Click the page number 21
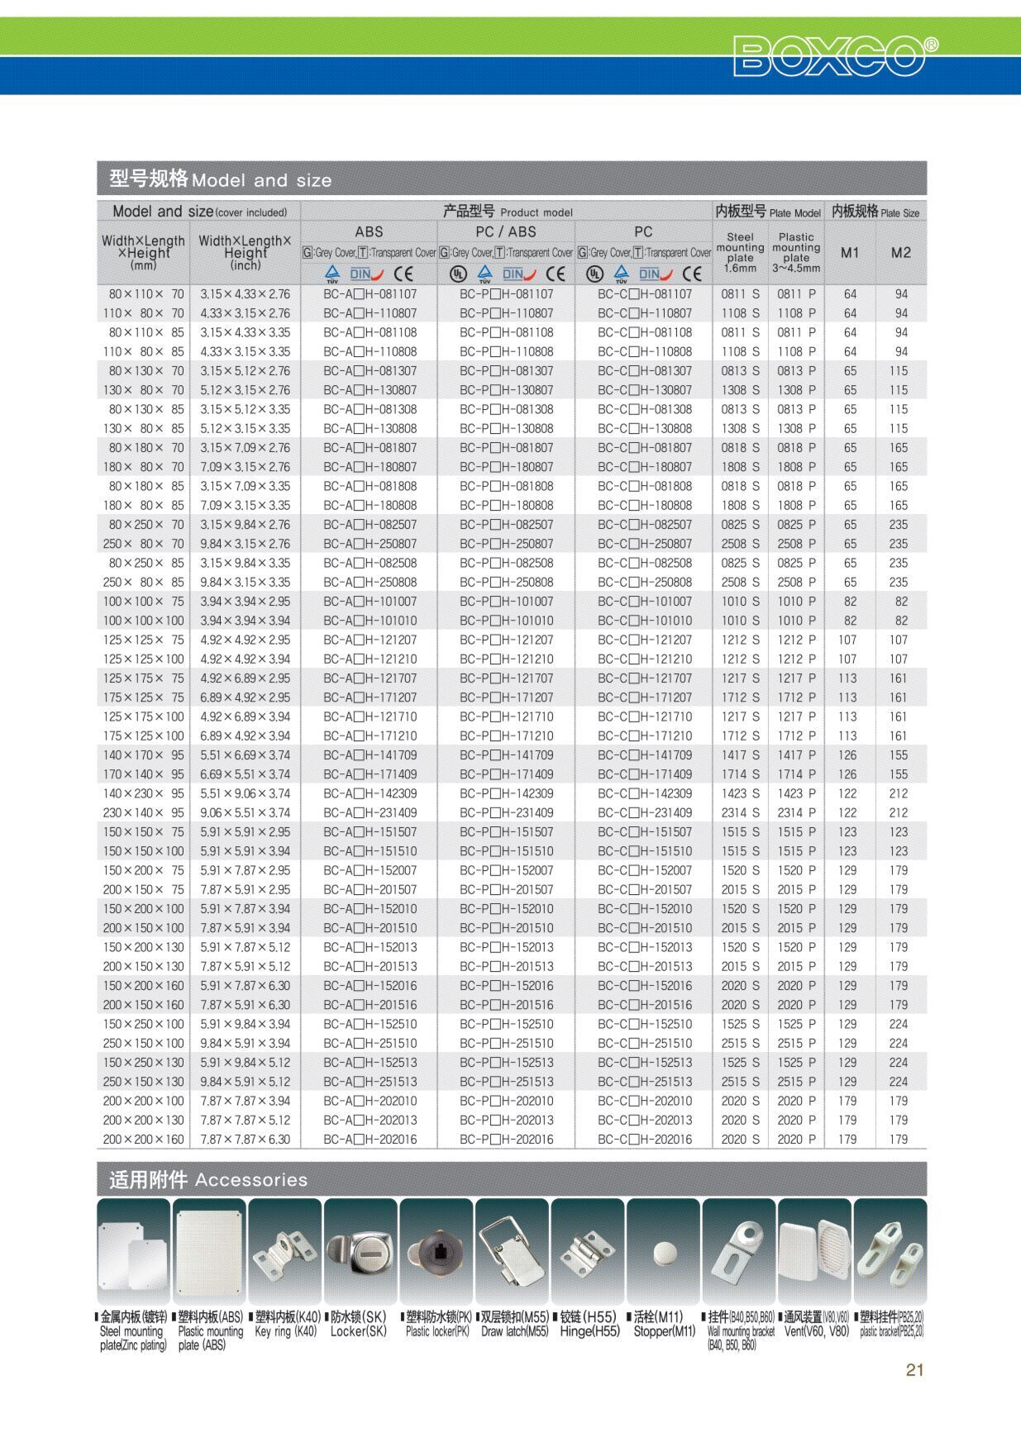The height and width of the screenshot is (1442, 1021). click(x=914, y=1369)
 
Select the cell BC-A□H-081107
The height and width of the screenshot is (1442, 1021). click(x=370, y=294)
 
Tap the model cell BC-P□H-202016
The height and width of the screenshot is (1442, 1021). click(x=506, y=1140)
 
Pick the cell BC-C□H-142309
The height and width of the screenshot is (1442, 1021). click(x=645, y=793)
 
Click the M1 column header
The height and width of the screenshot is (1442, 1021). click(x=850, y=253)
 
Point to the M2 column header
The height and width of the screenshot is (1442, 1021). click(x=900, y=253)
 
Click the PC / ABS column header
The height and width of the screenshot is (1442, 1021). click(x=506, y=232)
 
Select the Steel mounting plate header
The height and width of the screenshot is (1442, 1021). click(x=740, y=252)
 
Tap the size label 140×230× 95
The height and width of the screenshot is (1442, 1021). click(x=144, y=793)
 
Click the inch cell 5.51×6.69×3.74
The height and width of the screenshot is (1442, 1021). click(x=245, y=755)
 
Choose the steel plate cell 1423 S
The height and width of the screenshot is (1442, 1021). click(x=740, y=793)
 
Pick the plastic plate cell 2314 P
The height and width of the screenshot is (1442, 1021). click(x=795, y=813)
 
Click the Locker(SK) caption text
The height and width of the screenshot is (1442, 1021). click(x=358, y=1331)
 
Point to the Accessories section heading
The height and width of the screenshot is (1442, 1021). click(x=208, y=1180)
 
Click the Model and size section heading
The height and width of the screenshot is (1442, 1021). click(x=221, y=179)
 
